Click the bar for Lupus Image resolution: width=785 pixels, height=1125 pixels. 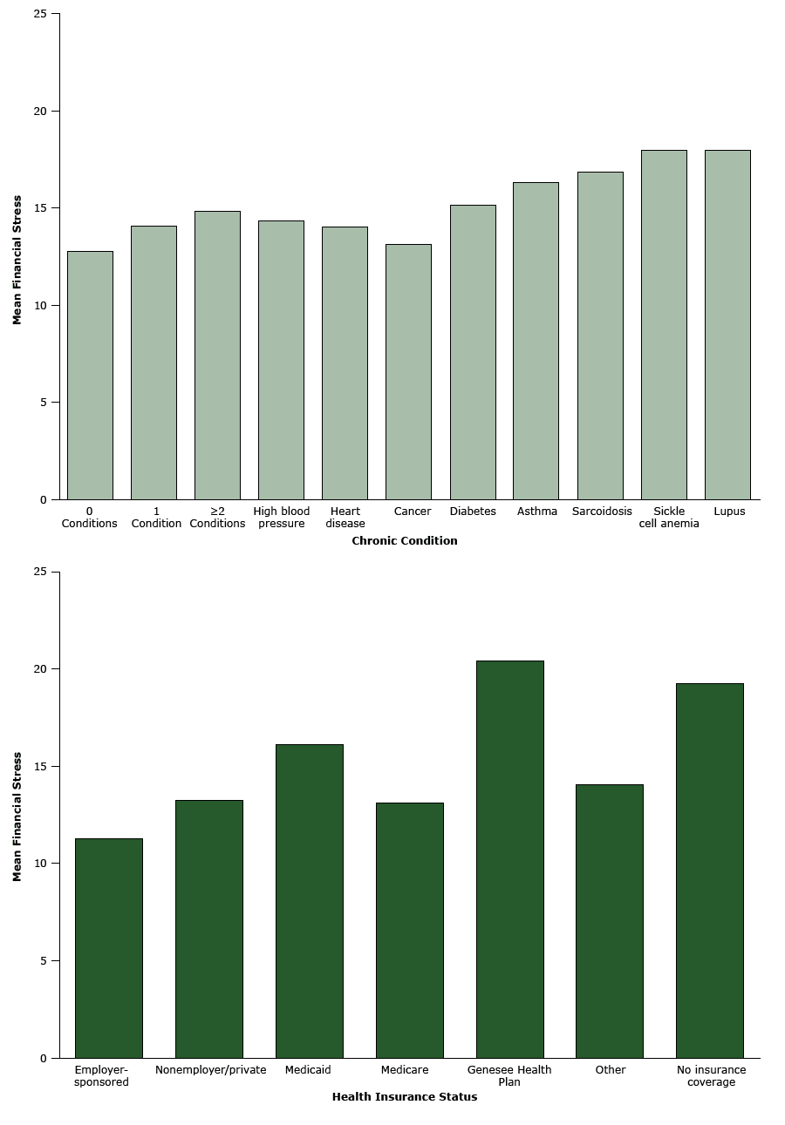click(x=727, y=324)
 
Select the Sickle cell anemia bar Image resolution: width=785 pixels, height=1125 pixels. click(x=664, y=324)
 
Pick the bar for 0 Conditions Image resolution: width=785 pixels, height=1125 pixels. click(x=90, y=375)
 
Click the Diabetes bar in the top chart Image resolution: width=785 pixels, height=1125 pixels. click(x=473, y=352)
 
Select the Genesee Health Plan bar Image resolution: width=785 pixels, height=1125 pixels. click(x=509, y=859)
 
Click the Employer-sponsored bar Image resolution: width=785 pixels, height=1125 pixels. click(x=109, y=948)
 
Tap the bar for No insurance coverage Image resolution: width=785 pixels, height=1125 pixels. click(x=710, y=871)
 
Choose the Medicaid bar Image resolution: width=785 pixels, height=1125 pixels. click(x=310, y=901)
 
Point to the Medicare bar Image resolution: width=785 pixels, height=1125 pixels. click(x=409, y=930)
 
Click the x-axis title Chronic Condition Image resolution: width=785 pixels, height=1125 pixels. click(x=404, y=541)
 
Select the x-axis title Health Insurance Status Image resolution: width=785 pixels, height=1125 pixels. click(x=404, y=1097)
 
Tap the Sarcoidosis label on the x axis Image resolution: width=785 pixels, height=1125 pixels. click(x=602, y=512)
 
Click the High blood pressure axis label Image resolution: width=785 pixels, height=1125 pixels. click(x=281, y=518)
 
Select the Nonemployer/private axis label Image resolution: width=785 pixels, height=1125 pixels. click(x=210, y=1070)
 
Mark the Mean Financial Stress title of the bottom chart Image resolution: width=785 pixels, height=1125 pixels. click(x=17, y=815)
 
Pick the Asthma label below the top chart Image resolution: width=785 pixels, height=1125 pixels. click(x=536, y=512)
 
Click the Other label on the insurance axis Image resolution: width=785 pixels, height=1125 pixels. click(x=610, y=1070)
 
